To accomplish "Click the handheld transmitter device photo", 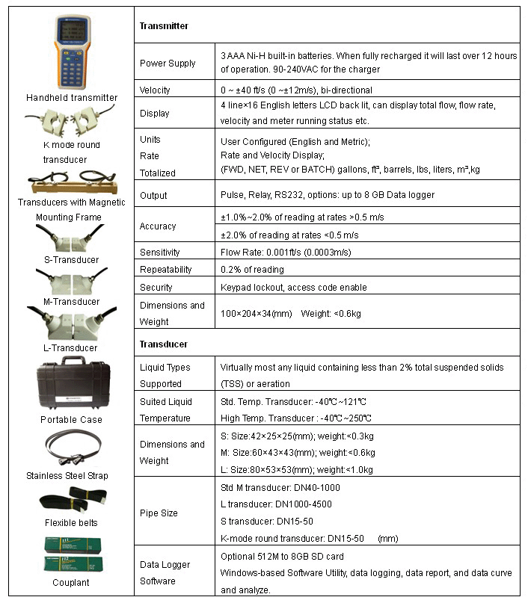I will pyautogui.click(x=72, y=52).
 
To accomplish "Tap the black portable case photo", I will pyautogui.click(x=71, y=384).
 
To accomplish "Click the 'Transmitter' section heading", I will pyautogui.click(x=164, y=26).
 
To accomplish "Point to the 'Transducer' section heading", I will pyautogui.click(x=164, y=344).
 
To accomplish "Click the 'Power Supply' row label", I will pyautogui.click(x=168, y=63).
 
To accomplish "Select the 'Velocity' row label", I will pyautogui.click(x=155, y=90).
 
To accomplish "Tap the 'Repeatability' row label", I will pyautogui.click(x=165, y=269).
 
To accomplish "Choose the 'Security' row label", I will pyautogui.click(x=156, y=287).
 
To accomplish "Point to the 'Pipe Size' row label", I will pyautogui.click(x=159, y=513).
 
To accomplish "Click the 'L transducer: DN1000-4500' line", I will pyautogui.click(x=276, y=504).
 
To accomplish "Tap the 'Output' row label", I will pyautogui.click(x=153, y=195).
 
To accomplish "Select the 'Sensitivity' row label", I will pyautogui.click(x=160, y=252).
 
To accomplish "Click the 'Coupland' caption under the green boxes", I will pyautogui.click(x=71, y=582).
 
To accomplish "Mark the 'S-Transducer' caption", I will pyautogui.click(x=72, y=260).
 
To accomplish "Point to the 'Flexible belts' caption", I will pyautogui.click(x=71, y=522).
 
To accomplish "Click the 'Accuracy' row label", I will pyautogui.click(x=158, y=226).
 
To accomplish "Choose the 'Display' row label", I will pyautogui.click(x=154, y=114).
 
